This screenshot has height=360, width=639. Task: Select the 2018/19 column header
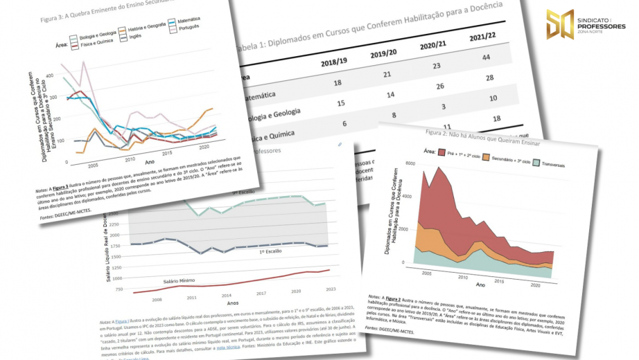point(335,63)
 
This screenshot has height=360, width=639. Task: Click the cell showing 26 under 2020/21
point(435,87)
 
